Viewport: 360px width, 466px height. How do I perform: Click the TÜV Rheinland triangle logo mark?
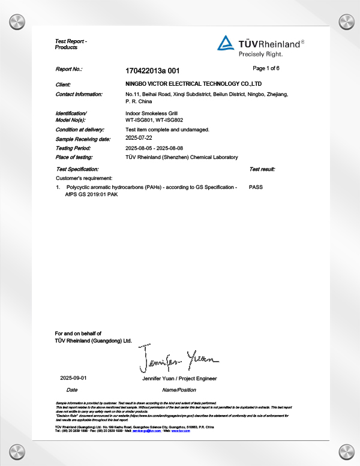coord(225,43)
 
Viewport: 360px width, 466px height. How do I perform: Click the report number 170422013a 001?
coord(152,70)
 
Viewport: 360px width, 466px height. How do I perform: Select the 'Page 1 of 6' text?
coord(266,68)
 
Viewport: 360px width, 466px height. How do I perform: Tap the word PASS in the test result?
coord(256,187)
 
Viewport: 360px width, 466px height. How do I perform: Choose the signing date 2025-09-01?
coord(74,378)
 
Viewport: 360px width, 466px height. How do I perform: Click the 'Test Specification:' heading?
coord(77,170)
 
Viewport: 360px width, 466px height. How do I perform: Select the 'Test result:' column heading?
coord(262,170)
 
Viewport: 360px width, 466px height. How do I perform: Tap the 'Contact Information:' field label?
coord(79,94)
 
